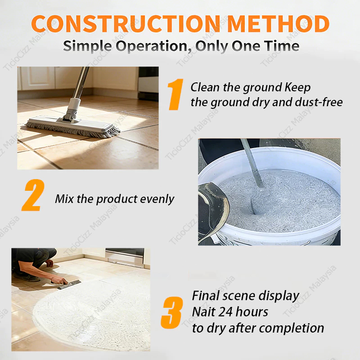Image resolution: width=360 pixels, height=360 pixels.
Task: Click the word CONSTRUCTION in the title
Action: pyautogui.click(x=126, y=24)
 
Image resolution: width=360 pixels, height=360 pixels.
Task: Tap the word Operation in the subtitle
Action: pyautogui.click(x=152, y=46)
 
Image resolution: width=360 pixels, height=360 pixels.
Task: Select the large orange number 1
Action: pyautogui.click(x=175, y=94)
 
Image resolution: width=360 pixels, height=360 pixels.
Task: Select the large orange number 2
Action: pyautogui.click(x=33, y=195)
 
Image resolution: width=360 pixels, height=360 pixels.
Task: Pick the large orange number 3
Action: pyautogui.click(x=172, y=312)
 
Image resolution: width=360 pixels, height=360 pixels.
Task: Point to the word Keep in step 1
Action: pyautogui.click(x=298, y=88)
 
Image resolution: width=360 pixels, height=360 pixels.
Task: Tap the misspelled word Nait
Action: pyautogui.click(x=203, y=312)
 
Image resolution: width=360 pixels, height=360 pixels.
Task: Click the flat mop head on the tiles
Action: pyautogui.click(x=72, y=126)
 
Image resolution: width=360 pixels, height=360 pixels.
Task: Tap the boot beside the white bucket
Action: pyautogui.click(x=213, y=211)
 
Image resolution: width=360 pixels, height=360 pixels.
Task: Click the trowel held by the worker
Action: pyautogui.click(x=69, y=284)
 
